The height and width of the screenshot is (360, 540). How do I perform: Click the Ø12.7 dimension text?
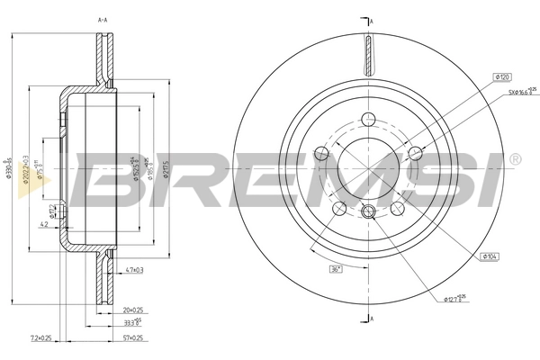(x=458, y=298)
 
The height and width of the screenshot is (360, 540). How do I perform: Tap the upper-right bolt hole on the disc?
(x=415, y=152)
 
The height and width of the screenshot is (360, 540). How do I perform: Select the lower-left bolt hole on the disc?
(x=337, y=209)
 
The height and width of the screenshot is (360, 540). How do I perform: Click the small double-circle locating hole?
(x=367, y=213)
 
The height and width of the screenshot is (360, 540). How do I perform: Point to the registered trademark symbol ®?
(x=514, y=159)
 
